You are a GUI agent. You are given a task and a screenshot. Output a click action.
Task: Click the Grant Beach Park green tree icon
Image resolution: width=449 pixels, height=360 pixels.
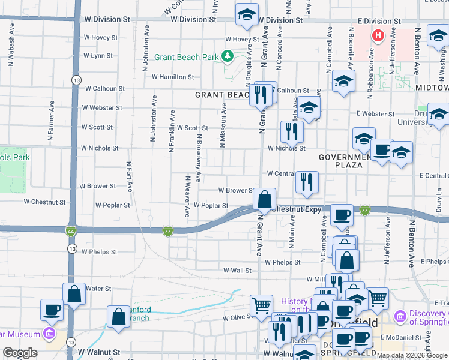coord(228,57)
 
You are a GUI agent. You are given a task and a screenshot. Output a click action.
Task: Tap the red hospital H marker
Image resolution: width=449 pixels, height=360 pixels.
coord(378,36)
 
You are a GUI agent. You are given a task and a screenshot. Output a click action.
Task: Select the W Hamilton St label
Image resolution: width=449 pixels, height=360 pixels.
coord(173,77)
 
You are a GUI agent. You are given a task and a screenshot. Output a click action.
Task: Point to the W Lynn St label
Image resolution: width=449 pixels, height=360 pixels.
coord(98,56)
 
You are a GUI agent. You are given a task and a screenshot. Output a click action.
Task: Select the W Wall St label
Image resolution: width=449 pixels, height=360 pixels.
coord(237,271)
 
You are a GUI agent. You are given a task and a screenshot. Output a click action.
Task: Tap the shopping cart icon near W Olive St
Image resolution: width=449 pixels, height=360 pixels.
coord(262,305)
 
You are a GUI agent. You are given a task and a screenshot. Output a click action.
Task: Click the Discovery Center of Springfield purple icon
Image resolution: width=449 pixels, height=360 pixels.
coord(399,315)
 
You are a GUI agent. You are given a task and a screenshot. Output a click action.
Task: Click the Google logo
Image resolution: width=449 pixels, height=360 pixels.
coord(20,353)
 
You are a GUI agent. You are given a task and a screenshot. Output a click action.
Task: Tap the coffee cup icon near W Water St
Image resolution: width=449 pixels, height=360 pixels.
coord(51,310)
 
